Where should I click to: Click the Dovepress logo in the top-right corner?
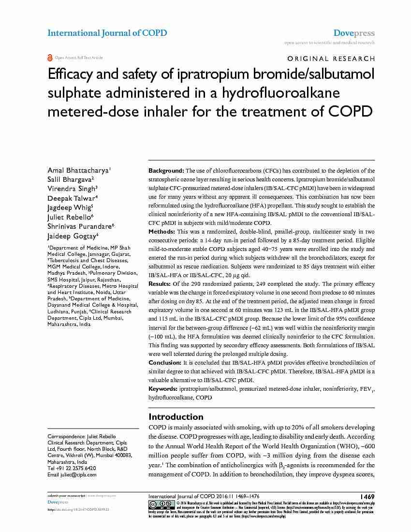point(354,33)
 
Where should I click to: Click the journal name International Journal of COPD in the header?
point(107,33)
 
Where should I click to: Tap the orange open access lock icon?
point(50,58)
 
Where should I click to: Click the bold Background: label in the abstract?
point(166,171)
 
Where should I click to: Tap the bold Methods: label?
point(162,232)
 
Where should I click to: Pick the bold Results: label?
point(160,283)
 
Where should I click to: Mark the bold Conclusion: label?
point(165,363)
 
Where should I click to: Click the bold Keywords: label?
point(163,389)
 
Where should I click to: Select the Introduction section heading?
point(176,417)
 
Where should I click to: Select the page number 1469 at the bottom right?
point(367,497)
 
